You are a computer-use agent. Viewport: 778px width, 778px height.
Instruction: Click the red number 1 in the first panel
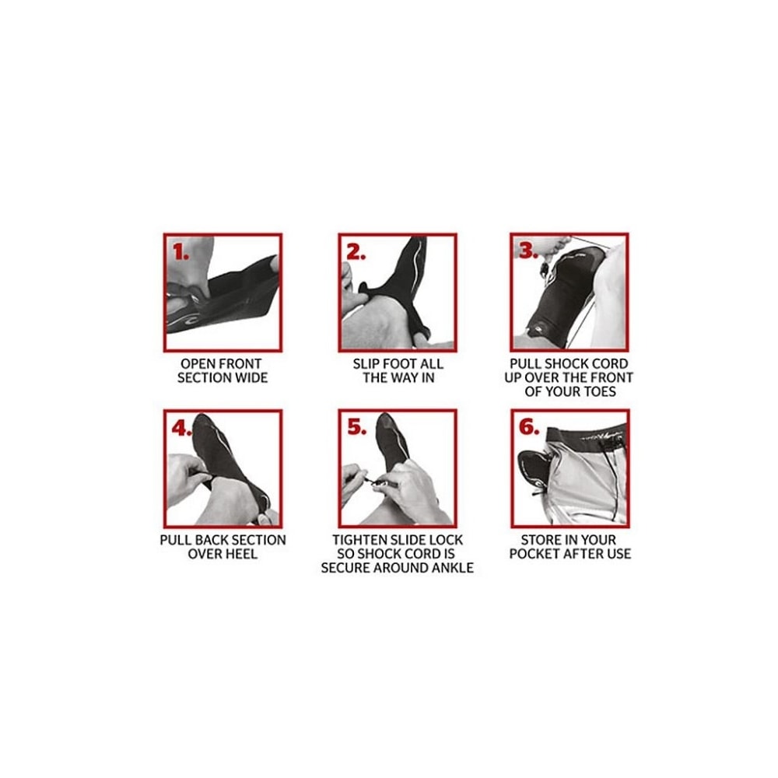(x=180, y=252)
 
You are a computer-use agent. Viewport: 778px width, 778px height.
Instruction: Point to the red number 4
(x=181, y=428)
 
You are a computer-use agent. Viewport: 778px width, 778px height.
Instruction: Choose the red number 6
(x=529, y=427)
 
